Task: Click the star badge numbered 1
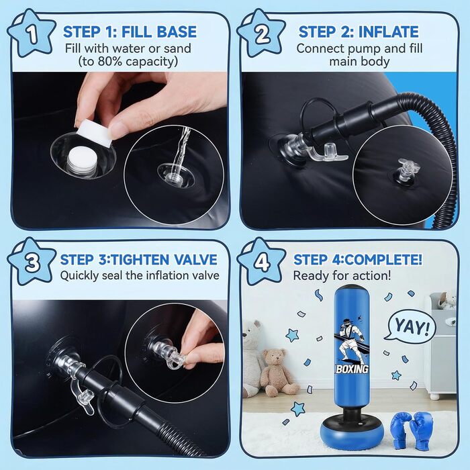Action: [x=31, y=34]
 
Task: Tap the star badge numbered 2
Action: [x=261, y=34]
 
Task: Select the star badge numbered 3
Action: [x=31, y=262]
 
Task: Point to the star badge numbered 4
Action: [x=261, y=262]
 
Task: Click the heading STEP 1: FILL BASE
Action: [x=130, y=32]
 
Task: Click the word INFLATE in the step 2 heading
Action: [x=389, y=32]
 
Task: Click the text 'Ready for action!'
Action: [x=342, y=275]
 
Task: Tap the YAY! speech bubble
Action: [x=411, y=326]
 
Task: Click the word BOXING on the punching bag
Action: [x=352, y=369]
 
